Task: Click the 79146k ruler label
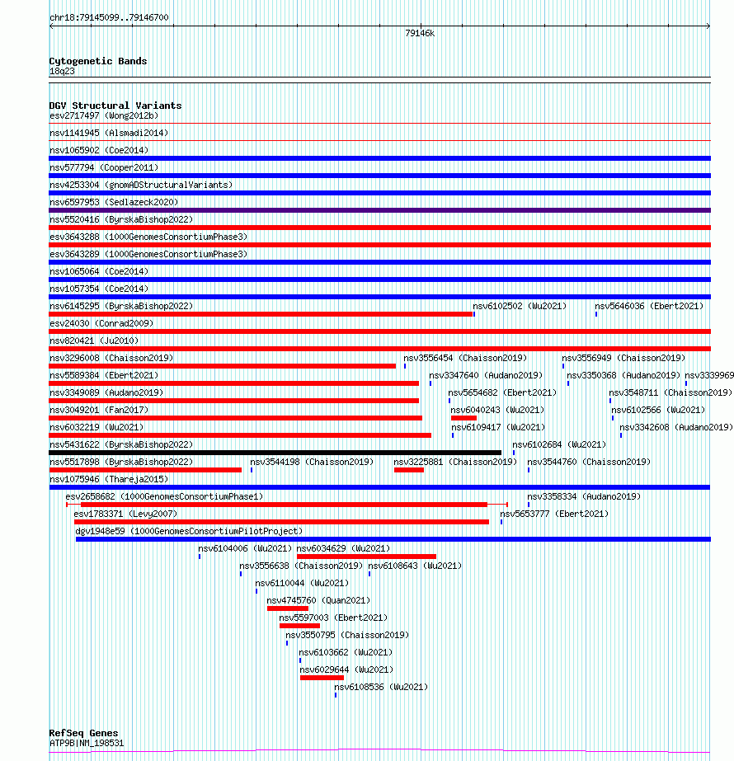[419, 34]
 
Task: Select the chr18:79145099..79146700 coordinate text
[109, 17]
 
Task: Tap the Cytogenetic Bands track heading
[97, 61]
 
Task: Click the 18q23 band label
[62, 72]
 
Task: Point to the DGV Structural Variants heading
[115, 106]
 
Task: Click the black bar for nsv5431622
[275, 453]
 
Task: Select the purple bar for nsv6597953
[379, 210]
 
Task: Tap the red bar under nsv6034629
[366, 557]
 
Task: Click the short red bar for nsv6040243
[463, 418]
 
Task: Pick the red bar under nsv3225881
[408, 470]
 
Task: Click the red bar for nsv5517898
[145, 470]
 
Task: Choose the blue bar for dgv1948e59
[393, 539]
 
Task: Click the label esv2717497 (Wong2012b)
[104, 115]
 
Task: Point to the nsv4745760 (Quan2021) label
[318, 600]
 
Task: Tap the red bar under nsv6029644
[322, 678]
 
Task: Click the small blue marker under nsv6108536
[336, 695]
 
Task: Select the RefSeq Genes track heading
[83, 733]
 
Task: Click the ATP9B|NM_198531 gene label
[87, 743]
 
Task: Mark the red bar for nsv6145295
[261, 314]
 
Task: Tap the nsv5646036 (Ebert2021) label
[649, 306]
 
